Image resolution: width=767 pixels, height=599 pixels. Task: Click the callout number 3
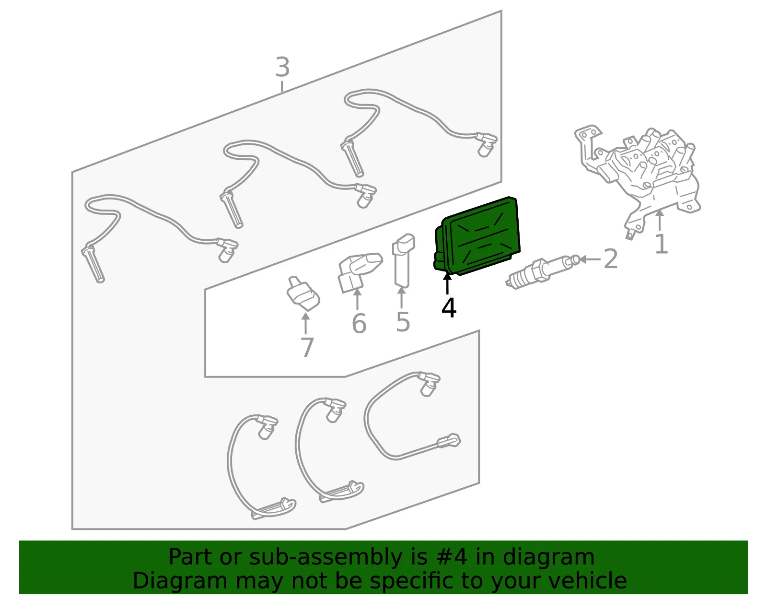[x=282, y=67]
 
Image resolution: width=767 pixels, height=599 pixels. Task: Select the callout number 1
[x=661, y=244]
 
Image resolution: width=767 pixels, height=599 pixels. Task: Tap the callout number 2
[x=611, y=258]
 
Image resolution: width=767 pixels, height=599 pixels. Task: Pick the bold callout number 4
[x=449, y=307]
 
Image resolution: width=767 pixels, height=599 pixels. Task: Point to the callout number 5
[x=403, y=322]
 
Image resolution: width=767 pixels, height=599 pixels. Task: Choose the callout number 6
[x=359, y=323]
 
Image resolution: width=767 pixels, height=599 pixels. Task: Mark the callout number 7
[x=307, y=347]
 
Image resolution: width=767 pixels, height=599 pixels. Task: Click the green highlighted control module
[x=477, y=236]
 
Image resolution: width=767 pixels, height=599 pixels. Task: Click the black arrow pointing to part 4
[x=447, y=284]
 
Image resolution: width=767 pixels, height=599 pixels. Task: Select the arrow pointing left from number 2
[x=590, y=259]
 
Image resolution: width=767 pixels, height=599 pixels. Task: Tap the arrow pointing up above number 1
[x=659, y=220]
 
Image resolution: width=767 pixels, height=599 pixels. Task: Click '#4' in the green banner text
[x=452, y=557]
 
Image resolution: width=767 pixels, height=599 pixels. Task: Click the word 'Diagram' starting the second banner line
[x=180, y=581]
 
